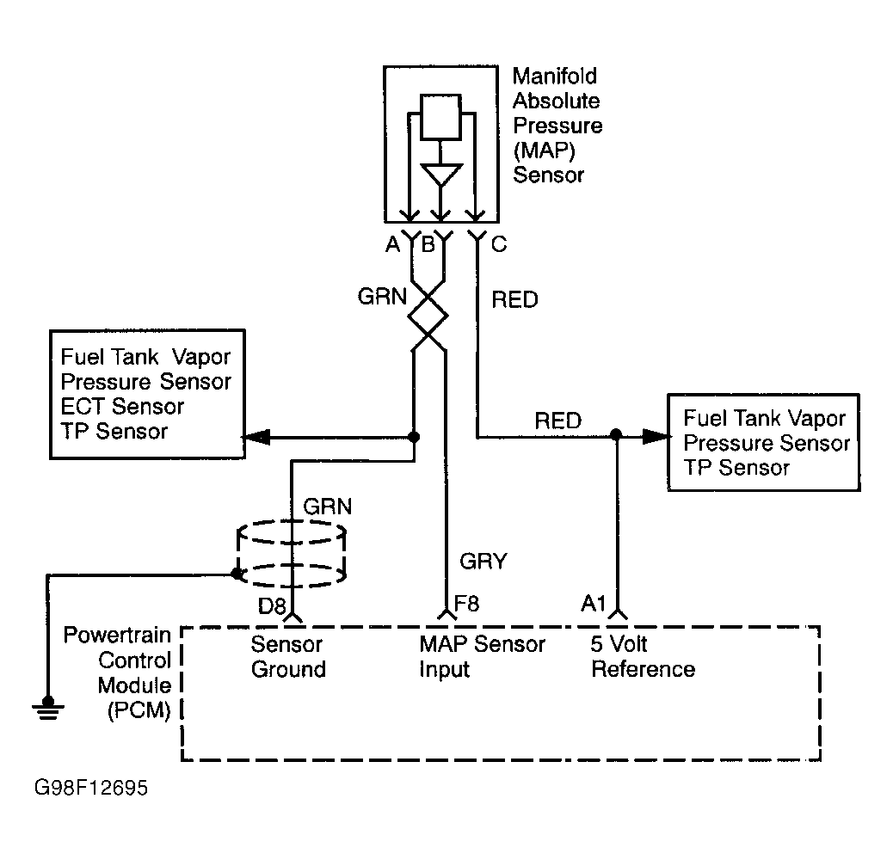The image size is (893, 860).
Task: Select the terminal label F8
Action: tap(467, 604)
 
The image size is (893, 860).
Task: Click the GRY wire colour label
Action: tap(484, 562)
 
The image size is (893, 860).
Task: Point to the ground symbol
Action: tap(47, 706)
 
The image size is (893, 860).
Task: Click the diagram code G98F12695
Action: tap(92, 788)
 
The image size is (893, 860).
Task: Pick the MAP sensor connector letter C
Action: tap(498, 245)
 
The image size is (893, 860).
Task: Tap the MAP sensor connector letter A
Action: tap(393, 245)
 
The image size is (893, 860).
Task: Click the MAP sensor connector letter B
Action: tap(427, 245)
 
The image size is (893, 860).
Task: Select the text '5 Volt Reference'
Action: tap(643, 657)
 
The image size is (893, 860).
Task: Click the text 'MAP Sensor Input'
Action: tap(482, 657)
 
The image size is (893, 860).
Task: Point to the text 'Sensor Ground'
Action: tap(288, 657)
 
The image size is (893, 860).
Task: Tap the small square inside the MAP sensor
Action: tap(442, 117)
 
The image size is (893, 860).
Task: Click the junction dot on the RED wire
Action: tap(615, 435)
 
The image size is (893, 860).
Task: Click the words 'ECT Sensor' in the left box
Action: tap(122, 406)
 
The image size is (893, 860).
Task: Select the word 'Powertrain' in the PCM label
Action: tap(118, 636)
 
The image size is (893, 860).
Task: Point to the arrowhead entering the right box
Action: tap(658, 436)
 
